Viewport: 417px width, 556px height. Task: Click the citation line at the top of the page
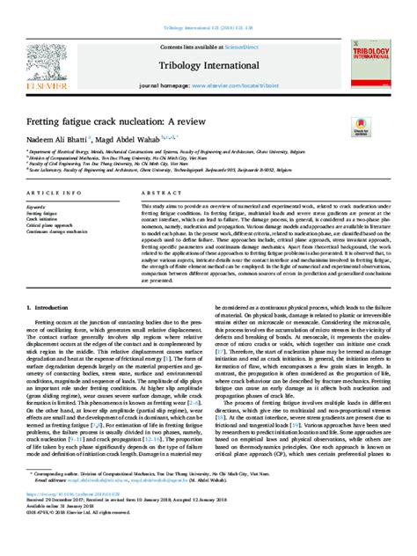[x=208, y=5]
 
